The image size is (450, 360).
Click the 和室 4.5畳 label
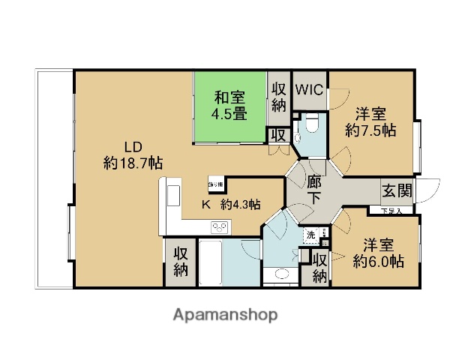[230, 104]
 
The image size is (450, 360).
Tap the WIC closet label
[309, 89]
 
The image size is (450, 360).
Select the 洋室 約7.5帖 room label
[370, 121]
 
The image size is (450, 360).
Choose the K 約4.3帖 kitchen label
[229, 204]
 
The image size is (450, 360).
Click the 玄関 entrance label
[396, 190]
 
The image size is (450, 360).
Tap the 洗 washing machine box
[310, 235]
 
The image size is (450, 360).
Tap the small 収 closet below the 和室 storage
[277, 136]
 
